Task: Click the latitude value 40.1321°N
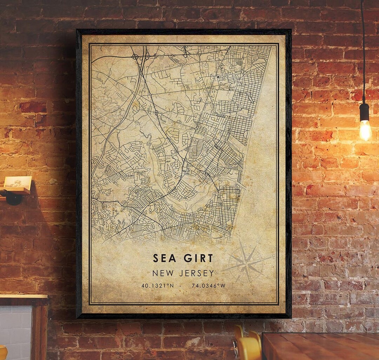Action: [x=158, y=286]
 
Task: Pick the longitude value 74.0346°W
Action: [x=208, y=286]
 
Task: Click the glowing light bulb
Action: [x=365, y=130]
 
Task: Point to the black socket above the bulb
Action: [x=365, y=112]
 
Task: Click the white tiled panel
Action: [x=16, y=330]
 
